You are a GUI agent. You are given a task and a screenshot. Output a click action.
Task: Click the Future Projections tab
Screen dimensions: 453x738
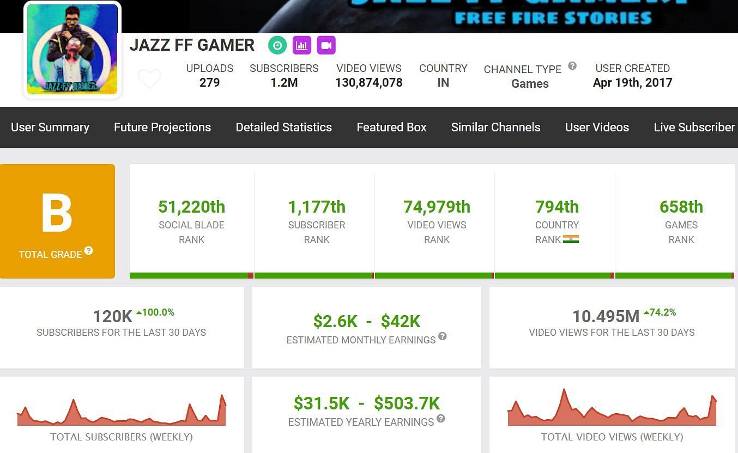(x=162, y=128)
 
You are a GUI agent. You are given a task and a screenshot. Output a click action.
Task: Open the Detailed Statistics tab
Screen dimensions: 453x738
(x=283, y=128)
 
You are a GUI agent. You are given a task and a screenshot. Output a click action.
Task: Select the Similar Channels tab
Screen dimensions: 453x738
(x=495, y=128)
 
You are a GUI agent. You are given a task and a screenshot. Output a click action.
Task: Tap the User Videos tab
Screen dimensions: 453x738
(x=597, y=128)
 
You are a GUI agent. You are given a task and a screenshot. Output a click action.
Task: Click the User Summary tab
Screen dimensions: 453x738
(x=50, y=128)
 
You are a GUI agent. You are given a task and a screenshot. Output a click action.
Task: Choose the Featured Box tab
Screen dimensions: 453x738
(x=391, y=128)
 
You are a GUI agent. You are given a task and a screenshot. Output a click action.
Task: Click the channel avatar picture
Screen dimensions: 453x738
(x=72, y=49)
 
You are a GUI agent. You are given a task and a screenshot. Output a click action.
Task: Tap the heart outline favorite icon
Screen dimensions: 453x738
(x=149, y=79)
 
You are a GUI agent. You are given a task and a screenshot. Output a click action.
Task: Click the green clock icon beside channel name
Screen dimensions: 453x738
(x=277, y=46)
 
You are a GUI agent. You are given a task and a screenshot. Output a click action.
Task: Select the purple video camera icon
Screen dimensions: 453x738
(x=326, y=46)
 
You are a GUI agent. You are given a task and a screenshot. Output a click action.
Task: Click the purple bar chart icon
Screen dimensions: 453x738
(x=302, y=46)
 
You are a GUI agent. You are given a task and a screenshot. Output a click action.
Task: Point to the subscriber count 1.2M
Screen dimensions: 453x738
(x=284, y=83)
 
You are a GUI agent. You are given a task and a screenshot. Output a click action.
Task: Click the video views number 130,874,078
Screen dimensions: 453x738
(x=368, y=83)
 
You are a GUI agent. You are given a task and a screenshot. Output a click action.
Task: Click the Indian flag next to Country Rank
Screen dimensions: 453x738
(x=571, y=239)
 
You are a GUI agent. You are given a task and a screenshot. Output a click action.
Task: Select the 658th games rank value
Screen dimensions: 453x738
(x=681, y=207)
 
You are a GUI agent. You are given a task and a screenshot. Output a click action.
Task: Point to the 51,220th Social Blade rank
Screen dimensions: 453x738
(x=191, y=207)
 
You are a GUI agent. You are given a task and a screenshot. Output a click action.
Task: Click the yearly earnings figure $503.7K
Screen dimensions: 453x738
(x=407, y=403)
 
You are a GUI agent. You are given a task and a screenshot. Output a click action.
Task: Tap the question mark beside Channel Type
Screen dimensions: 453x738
(x=572, y=66)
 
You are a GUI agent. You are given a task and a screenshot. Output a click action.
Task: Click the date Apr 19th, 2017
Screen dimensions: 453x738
(x=632, y=83)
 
